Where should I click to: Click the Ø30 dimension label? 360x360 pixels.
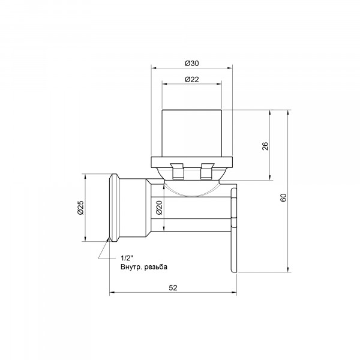(x=192, y=63)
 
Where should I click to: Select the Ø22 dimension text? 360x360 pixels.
(x=192, y=79)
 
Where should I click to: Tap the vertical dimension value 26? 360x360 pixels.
(x=265, y=146)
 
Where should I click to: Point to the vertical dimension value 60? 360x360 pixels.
(x=284, y=197)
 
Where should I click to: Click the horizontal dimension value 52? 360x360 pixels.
(x=173, y=287)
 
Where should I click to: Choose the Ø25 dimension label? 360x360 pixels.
(x=80, y=208)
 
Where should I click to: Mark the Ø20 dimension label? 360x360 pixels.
(x=160, y=208)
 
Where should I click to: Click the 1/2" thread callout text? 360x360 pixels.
(x=127, y=258)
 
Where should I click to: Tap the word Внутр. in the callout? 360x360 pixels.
(x=131, y=267)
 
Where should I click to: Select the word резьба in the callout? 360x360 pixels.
(x=156, y=267)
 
